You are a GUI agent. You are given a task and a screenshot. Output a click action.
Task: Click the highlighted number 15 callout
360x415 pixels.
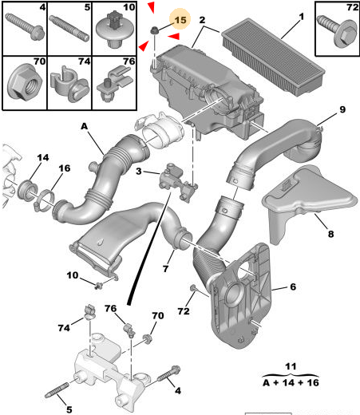(x=180, y=20)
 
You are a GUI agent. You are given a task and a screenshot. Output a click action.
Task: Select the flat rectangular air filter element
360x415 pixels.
(x=273, y=57)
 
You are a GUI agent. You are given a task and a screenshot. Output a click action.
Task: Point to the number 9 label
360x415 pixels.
(x=342, y=109)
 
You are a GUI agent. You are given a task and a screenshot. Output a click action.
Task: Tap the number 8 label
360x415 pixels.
(x=330, y=234)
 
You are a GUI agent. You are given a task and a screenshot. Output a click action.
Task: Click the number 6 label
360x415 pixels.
(x=293, y=287)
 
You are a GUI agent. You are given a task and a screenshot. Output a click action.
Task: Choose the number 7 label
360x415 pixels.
(x=165, y=269)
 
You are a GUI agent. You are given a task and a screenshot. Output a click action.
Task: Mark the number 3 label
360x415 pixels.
(x=139, y=171)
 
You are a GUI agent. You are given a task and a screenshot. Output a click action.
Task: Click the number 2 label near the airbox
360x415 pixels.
(x=202, y=20)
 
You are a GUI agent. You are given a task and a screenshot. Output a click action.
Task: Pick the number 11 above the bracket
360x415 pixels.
(x=291, y=366)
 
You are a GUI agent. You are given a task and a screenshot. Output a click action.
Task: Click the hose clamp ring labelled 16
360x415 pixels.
(x=45, y=200)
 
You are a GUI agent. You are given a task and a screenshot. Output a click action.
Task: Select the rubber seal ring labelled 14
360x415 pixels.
(x=26, y=190)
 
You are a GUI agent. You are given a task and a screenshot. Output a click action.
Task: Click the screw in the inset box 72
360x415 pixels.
(x=337, y=31)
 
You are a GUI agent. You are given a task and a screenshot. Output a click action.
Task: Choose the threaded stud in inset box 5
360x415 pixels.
(x=69, y=28)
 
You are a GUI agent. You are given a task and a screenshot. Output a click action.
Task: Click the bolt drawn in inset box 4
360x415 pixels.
(x=25, y=26)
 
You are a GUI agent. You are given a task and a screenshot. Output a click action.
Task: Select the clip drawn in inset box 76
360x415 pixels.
(x=115, y=84)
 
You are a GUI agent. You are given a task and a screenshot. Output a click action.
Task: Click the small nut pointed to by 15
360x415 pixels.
(x=154, y=30)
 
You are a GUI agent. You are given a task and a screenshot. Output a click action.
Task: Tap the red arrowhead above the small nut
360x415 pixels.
(x=152, y=7)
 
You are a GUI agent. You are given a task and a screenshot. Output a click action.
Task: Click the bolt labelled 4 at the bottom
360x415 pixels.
(x=168, y=373)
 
